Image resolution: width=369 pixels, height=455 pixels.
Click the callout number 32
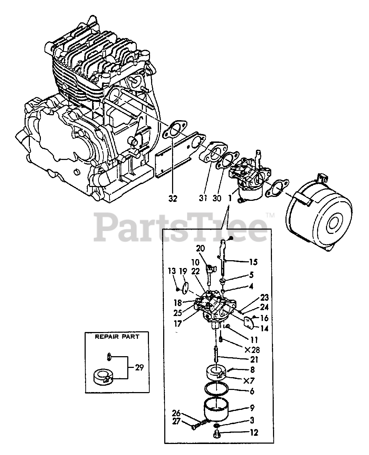click(x=173, y=198)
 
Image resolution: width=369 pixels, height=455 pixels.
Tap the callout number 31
click(x=203, y=198)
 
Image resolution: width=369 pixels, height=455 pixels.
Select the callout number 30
click(x=217, y=198)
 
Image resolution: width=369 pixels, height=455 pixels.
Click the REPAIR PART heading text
click(x=117, y=336)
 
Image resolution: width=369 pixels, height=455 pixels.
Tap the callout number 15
click(x=253, y=262)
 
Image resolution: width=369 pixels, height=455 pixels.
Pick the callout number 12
click(x=254, y=433)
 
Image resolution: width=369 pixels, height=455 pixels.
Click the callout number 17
click(x=178, y=323)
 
